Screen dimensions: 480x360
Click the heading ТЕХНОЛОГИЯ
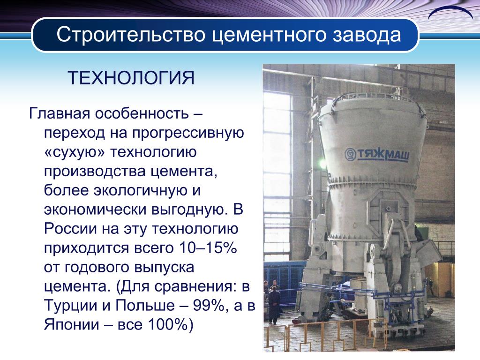pos(131,78)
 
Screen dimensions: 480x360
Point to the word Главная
pos(60,113)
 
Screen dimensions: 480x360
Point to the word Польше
pos(145,306)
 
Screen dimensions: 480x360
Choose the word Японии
pos(72,325)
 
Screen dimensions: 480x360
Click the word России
pos(70,229)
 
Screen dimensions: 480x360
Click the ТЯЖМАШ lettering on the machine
pos(382,155)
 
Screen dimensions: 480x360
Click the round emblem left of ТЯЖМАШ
pos(350,154)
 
